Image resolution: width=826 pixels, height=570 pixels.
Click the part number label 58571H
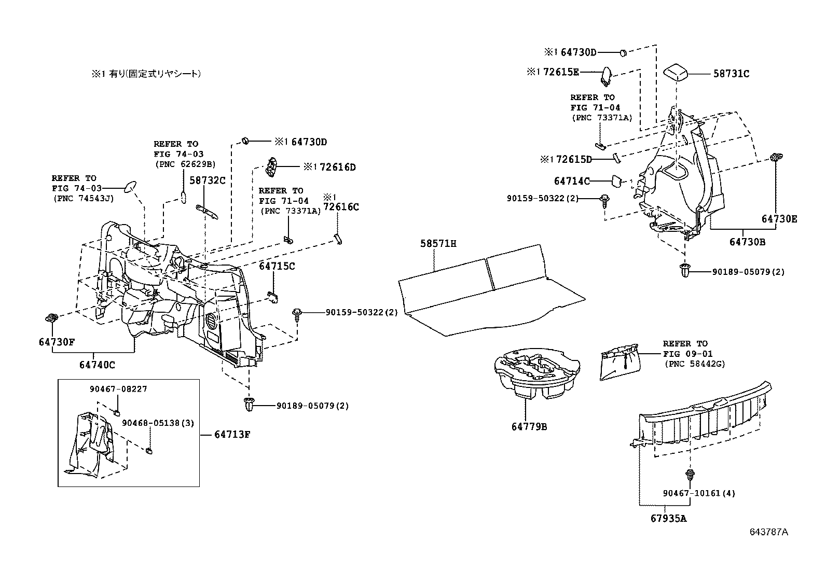438,243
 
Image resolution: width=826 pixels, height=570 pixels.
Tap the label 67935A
668,518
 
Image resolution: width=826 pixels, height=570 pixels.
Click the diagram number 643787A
768,532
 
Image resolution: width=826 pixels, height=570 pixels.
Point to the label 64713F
232,435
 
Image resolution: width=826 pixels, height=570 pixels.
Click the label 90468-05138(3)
158,423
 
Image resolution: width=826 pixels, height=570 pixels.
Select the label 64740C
97,365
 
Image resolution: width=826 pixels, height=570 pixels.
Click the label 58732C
207,180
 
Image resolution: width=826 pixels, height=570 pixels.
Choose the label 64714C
572,181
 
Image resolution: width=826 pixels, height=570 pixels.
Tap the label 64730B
747,242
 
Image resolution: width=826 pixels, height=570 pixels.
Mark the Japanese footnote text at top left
146,74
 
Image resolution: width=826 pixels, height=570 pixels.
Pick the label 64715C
277,266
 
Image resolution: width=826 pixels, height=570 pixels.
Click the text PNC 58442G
694,364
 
